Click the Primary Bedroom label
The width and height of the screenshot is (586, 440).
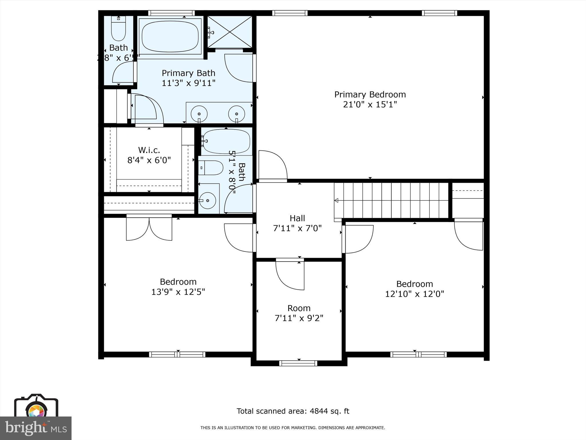click(370, 95)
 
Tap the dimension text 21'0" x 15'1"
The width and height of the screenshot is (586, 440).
click(370, 105)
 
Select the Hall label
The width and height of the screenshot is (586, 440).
click(297, 218)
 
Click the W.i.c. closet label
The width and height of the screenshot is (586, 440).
click(149, 150)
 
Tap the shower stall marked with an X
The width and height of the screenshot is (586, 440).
click(230, 32)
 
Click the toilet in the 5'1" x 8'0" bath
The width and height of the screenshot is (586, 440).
click(211, 168)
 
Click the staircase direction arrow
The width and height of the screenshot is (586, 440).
click(336, 201)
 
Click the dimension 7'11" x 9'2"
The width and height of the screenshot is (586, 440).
click(299, 318)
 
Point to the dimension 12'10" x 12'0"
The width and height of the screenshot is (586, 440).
click(414, 294)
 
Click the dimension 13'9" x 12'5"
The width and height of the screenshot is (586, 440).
click(178, 292)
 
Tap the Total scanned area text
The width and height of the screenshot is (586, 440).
click(293, 411)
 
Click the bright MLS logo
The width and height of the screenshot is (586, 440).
click(36, 428)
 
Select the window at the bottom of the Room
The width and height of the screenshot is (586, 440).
click(298, 363)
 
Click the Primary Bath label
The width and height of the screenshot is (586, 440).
click(188, 73)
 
